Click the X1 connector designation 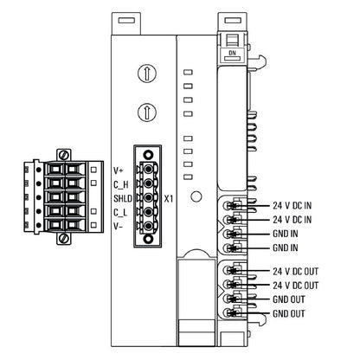(x=169, y=198)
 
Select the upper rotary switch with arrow (x=147, y=74)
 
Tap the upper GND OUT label (x=290, y=299)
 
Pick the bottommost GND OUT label (x=290, y=313)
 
